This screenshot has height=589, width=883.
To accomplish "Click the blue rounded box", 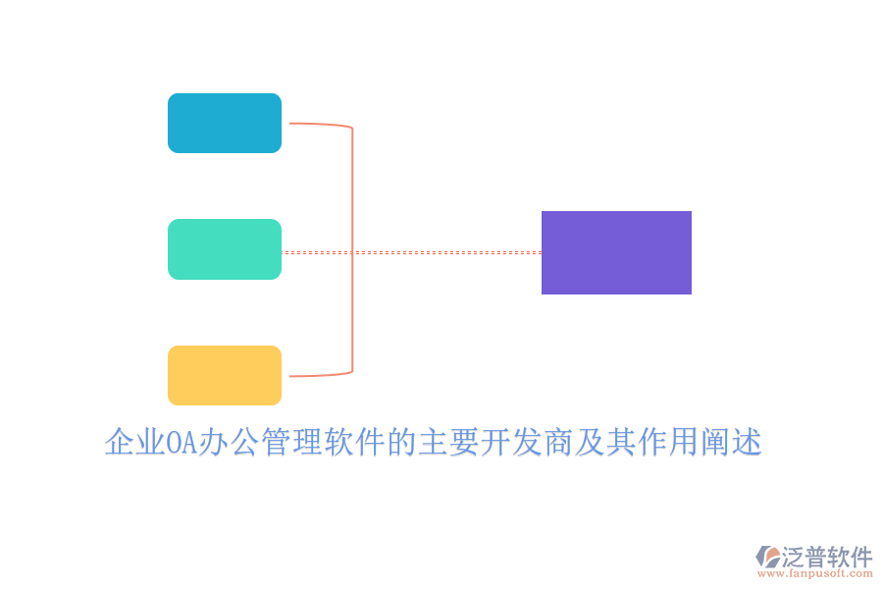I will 225,123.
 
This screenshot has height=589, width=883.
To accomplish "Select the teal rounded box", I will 225,249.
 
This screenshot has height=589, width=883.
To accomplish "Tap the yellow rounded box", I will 225,375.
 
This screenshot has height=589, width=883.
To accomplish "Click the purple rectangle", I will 616,252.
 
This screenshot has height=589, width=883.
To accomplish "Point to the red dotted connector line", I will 441,252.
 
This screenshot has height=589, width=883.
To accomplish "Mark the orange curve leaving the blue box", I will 319,125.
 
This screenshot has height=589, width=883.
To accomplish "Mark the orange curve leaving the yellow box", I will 319,375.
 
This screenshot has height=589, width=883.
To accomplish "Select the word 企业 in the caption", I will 134,443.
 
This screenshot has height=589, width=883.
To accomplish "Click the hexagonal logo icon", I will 768,557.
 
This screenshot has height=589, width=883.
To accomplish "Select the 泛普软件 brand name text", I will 826,556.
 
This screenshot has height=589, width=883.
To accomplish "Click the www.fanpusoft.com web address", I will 820,573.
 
